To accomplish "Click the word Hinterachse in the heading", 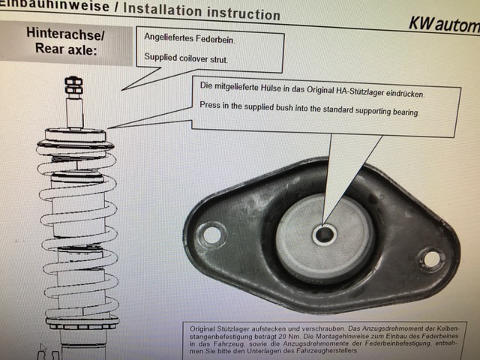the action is [65, 34].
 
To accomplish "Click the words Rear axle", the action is [66, 49].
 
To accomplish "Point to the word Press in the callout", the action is [210, 105].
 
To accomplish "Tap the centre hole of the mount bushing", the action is [324, 235].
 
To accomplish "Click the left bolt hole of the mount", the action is [211, 235].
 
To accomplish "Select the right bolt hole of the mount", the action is [432, 259].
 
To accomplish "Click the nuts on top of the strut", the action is [73, 85].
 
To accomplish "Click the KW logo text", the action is [444, 23].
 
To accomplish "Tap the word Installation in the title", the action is [163, 10].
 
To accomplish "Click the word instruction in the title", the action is [244, 13].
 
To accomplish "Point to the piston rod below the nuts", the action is [75, 111].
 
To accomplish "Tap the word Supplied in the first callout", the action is [160, 57].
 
